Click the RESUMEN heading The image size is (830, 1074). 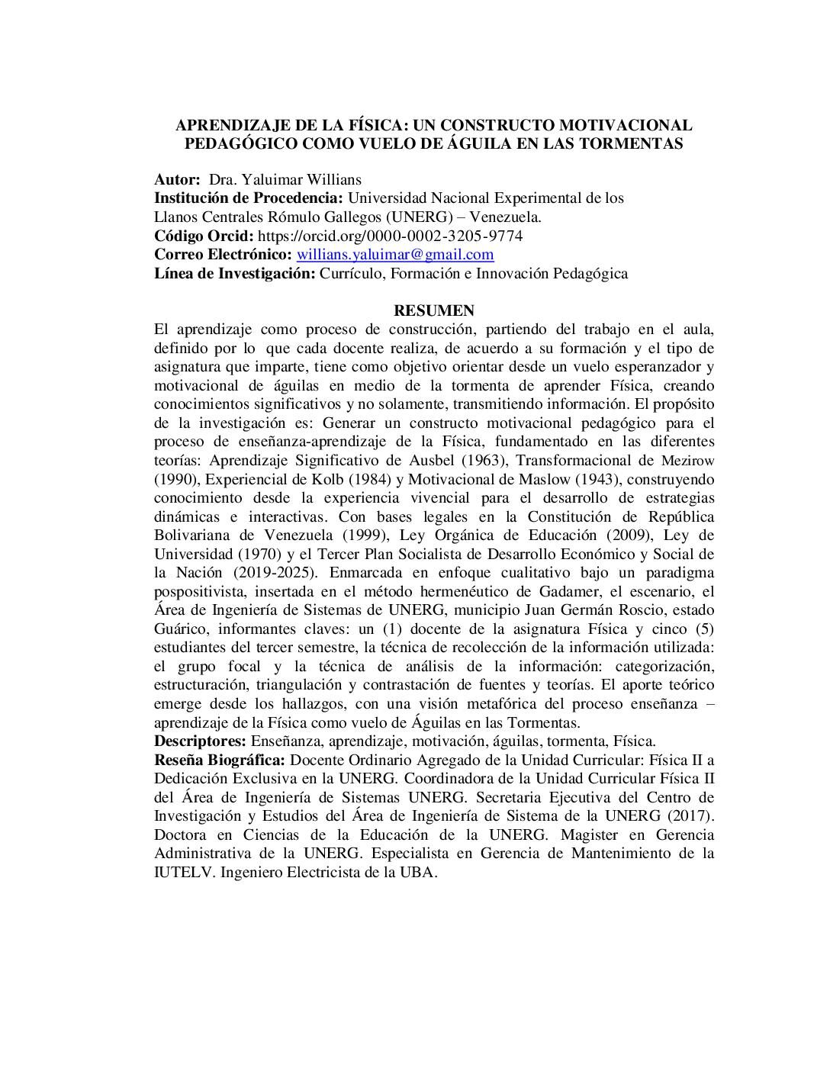[433, 310]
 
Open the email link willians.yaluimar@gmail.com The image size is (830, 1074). [394, 255]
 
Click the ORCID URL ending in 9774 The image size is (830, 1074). [391, 236]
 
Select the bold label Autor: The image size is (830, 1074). [177, 180]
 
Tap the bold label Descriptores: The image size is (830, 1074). [201, 741]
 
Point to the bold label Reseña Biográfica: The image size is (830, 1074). [220, 760]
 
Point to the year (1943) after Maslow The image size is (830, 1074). [600, 480]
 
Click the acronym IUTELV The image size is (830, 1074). [182, 872]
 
